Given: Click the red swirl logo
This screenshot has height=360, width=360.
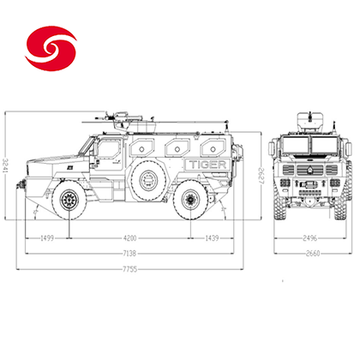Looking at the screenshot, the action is [x=51, y=48].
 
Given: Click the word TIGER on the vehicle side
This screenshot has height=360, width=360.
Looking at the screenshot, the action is [x=207, y=165].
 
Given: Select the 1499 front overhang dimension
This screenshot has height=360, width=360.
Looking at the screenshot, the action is [x=47, y=238].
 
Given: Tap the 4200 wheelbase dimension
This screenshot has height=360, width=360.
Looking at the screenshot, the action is [x=129, y=238].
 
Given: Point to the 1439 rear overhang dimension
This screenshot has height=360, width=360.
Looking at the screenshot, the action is [x=212, y=238].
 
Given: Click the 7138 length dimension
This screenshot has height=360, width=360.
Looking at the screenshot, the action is [x=129, y=254].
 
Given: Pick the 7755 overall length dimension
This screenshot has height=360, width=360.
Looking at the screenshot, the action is [x=130, y=269].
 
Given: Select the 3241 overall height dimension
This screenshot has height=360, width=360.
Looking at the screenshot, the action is [x=6, y=165].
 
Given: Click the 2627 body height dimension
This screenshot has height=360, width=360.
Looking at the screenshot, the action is [x=262, y=176].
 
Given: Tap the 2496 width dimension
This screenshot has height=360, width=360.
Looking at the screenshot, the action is [x=310, y=238].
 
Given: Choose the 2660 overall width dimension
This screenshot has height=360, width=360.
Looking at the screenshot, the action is [x=313, y=254].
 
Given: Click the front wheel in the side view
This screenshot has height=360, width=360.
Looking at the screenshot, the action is [x=69, y=200].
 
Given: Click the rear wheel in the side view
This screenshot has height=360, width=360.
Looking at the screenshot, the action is [x=190, y=199].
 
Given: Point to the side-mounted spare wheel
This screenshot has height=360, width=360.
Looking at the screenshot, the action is [x=148, y=179].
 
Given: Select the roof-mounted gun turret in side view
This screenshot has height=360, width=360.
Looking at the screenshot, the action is [x=123, y=122].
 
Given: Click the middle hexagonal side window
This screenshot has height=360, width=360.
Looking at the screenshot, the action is [x=177, y=147].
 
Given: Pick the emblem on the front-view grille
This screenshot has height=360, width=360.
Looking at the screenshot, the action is [x=310, y=171].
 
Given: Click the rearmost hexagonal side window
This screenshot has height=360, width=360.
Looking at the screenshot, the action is [x=213, y=147].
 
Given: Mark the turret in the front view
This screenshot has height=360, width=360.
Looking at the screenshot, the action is [x=310, y=122].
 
